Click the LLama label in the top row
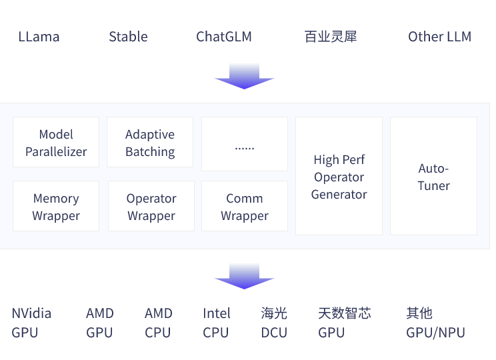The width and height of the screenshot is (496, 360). pyautogui.click(x=39, y=37)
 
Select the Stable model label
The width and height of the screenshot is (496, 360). pyautogui.click(x=128, y=37)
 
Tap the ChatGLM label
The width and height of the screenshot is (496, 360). pyautogui.click(x=224, y=37)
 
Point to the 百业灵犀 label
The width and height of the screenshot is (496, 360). pyautogui.click(x=331, y=37)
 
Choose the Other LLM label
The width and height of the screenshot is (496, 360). pyautogui.click(x=439, y=37)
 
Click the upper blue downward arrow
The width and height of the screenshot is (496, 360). pyautogui.click(x=244, y=76)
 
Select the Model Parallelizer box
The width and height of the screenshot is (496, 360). pyautogui.click(x=56, y=143)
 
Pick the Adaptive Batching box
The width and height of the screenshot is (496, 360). pyautogui.click(x=150, y=143)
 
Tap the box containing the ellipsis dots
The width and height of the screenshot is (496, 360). pyautogui.click(x=245, y=144)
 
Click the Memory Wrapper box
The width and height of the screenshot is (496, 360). pyautogui.click(x=56, y=207)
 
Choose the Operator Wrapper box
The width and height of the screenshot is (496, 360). pyautogui.click(x=151, y=207)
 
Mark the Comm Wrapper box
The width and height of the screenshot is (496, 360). pyautogui.click(x=245, y=207)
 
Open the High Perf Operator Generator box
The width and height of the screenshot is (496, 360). pyautogui.click(x=339, y=177)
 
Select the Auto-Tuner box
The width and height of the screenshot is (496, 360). pyautogui.click(x=433, y=177)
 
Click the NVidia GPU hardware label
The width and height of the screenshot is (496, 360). pyautogui.click(x=31, y=323)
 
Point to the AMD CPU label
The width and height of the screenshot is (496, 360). pyautogui.click(x=159, y=323)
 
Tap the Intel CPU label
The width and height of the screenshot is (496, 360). pyautogui.click(x=217, y=323)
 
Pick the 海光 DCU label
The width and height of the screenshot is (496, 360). pyautogui.click(x=274, y=323)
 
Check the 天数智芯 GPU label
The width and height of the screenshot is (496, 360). pyautogui.click(x=344, y=323)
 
